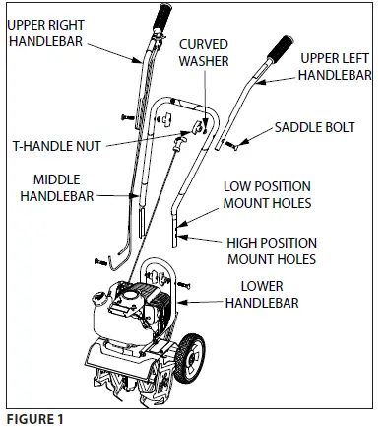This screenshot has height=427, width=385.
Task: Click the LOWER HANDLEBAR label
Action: [x=273, y=295]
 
